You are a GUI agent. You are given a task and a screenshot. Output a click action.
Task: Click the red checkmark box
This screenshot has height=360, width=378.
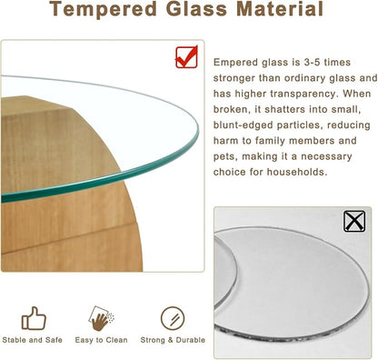click(187, 56)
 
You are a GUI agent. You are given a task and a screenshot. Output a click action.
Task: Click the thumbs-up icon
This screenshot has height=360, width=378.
click(34, 318)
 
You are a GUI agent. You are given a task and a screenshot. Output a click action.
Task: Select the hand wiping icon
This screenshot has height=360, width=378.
click(102, 318)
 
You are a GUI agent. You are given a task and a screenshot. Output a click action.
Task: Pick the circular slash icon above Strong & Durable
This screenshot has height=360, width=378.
click(172, 318)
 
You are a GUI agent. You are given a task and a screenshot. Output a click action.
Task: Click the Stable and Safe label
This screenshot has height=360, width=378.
click(34, 340)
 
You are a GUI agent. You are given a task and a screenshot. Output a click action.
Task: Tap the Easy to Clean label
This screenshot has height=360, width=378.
click(101, 340)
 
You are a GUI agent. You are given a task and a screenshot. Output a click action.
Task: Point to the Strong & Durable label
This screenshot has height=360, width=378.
click(173, 340)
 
